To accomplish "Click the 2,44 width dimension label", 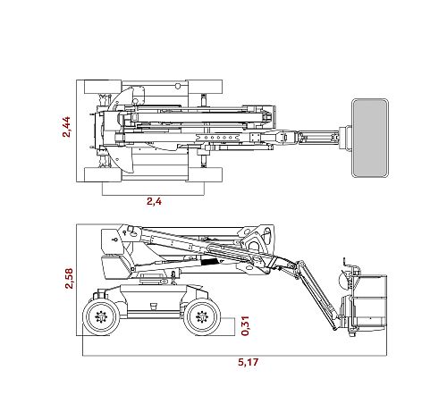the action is [66, 127].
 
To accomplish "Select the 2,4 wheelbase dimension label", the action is [154, 201].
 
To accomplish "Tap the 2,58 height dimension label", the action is [69, 278].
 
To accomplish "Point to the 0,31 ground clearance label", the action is [245, 325].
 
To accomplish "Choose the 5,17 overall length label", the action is [248, 362].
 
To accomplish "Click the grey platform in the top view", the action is [370, 138].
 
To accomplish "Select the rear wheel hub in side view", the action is [101, 316].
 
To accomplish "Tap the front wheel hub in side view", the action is [202, 316].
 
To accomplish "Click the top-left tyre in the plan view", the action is [103, 87].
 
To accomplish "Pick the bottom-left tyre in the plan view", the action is [103, 174].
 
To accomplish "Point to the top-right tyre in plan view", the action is [205, 87].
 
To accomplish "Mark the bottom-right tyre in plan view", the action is [205, 174].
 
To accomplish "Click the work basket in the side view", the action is [369, 301].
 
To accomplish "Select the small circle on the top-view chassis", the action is [178, 87].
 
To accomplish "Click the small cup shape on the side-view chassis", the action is [154, 307].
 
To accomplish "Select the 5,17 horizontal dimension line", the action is [234, 356].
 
